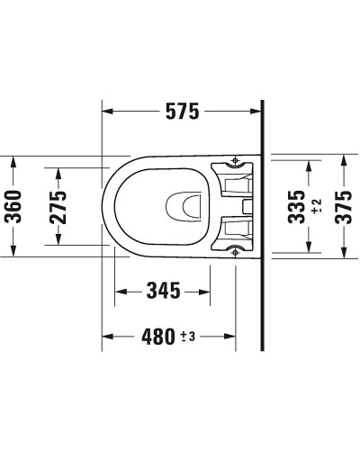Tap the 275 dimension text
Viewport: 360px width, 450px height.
point(58,208)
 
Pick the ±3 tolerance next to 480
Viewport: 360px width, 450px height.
point(188,337)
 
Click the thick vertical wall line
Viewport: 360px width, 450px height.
point(263,225)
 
